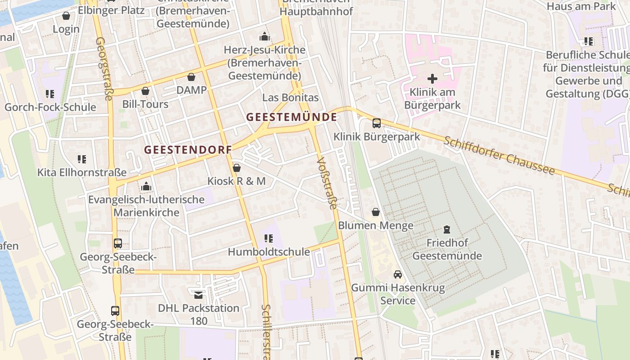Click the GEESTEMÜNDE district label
point(291,117)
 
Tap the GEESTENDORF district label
point(188,150)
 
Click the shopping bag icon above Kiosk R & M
point(236,168)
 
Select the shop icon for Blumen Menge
point(375,212)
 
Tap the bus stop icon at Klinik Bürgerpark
point(376,123)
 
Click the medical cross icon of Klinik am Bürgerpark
point(432,79)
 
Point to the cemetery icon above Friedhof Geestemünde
point(446,229)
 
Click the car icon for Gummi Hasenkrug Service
point(398,274)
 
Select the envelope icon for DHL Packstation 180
point(198,295)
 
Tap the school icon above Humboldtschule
point(269,238)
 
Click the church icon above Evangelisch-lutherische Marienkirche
point(146,186)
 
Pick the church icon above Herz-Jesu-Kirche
point(264,36)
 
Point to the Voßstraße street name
point(327,183)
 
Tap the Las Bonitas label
point(290,98)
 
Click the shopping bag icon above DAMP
point(191,77)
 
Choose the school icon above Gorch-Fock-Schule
point(50,94)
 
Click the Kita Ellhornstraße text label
point(81,172)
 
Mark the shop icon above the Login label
point(66,16)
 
